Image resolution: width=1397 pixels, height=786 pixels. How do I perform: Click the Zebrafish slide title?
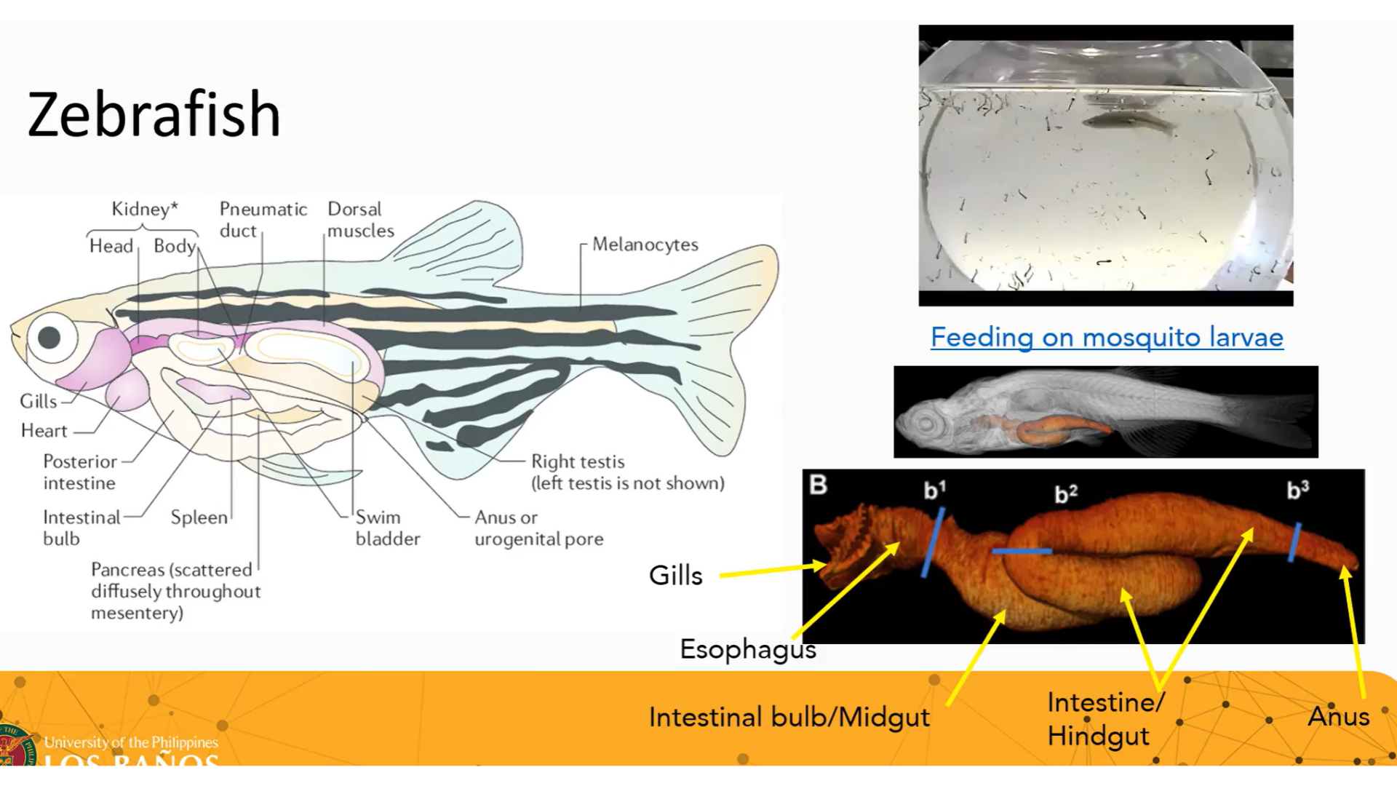(154, 114)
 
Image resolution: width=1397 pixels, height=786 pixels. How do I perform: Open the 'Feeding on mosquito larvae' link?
(1107, 338)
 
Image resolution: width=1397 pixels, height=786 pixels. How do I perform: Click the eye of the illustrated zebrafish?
(49, 338)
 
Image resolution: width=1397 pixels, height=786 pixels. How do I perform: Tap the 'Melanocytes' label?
(645, 245)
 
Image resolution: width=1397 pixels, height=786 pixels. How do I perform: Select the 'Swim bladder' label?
(387, 528)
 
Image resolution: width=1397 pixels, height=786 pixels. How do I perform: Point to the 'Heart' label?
(44, 431)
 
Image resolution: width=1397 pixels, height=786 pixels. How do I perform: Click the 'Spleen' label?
(199, 517)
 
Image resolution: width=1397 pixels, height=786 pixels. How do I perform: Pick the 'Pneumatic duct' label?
(263, 220)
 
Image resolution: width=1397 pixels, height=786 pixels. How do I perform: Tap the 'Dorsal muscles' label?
(360, 220)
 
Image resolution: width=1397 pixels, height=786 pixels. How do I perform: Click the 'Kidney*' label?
(144, 210)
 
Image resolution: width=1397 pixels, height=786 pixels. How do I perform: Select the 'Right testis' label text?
(578, 462)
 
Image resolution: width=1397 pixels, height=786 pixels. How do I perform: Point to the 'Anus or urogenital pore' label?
(538, 528)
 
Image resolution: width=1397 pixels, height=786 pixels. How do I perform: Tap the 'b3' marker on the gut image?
(1297, 490)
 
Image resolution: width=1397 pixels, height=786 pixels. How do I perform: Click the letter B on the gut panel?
(819, 485)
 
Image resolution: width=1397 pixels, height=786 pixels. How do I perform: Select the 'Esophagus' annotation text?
(747, 649)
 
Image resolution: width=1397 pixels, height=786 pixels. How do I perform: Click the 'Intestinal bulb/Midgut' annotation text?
(789, 718)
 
